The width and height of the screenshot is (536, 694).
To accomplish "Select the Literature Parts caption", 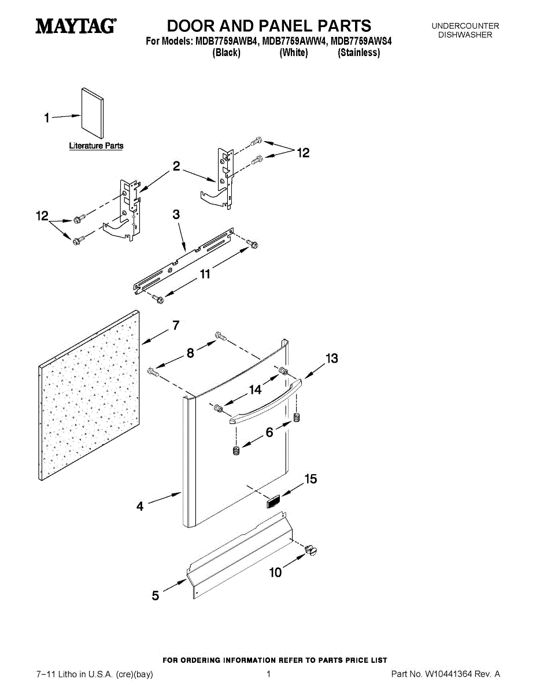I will pos(96,146).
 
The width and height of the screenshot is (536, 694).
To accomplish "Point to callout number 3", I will pos(176,215).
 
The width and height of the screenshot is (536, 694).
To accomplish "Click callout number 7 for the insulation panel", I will pos(176,326).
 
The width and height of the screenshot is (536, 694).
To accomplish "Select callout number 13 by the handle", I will pos(331,359).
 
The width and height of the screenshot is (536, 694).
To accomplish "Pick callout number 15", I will pos(310,479).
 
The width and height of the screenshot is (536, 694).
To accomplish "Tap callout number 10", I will pos(276,573).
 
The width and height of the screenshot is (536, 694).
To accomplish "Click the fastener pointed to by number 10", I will pos(313,550).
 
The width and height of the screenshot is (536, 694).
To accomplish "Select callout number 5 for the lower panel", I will pos(155,595).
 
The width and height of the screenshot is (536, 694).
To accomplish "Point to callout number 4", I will pos(140,507).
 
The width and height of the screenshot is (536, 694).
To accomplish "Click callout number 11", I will pos(205,275).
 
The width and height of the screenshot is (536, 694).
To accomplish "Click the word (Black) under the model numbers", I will pos(226,53).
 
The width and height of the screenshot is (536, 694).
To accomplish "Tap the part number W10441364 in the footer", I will pos(449,674).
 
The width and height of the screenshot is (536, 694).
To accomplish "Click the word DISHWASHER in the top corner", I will pos(465,35).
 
